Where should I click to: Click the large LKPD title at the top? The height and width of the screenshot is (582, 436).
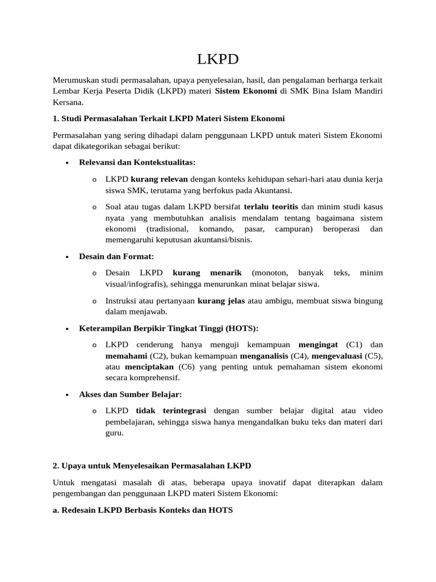(x=217, y=60)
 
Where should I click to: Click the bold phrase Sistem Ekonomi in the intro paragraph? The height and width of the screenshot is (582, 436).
(x=246, y=91)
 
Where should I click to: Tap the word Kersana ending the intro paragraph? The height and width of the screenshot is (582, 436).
(x=68, y=102)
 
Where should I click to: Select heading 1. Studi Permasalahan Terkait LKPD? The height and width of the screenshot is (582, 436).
(x=169, y=119)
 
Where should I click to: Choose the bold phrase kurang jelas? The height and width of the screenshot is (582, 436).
(x=221, y=301)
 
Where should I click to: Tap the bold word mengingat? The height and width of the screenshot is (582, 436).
(x=318, y=345)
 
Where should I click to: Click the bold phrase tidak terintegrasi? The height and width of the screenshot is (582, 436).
(x=171, y=410)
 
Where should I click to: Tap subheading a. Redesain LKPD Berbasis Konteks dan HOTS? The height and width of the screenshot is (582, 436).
(x=142, y=510)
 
